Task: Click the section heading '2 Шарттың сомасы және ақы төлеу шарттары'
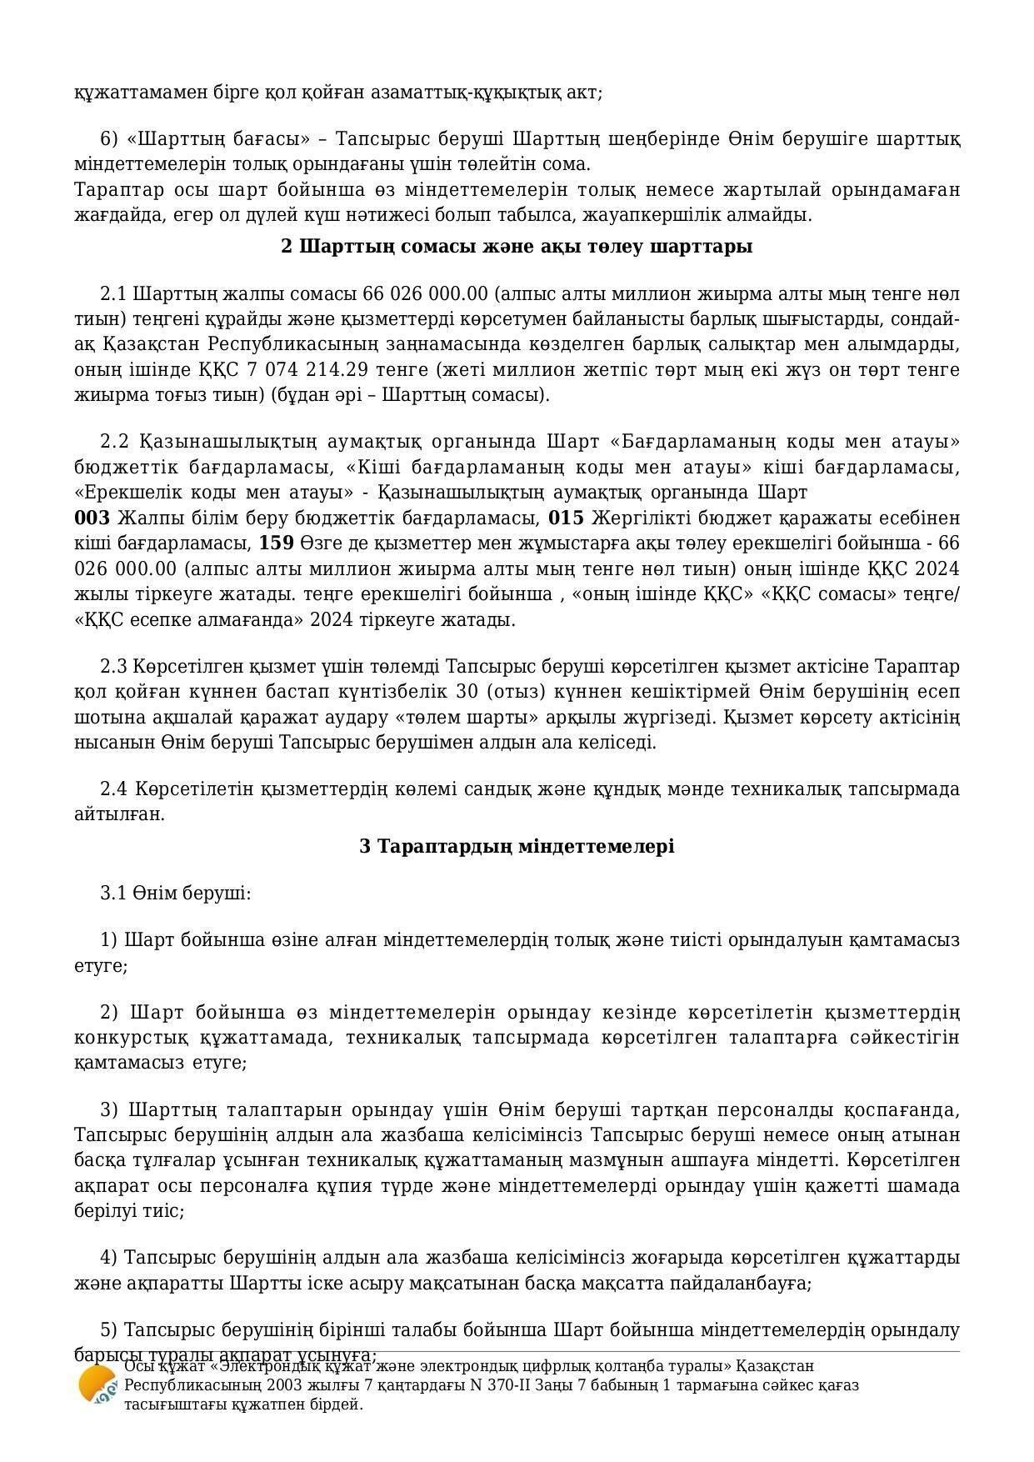tap(517, 247)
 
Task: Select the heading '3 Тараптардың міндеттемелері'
tap(517, 847)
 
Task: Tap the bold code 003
tap(92, 518)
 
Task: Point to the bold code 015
tap(567, 518)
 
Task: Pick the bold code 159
tap(277, 543)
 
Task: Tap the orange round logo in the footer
tap(97, 1385)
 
